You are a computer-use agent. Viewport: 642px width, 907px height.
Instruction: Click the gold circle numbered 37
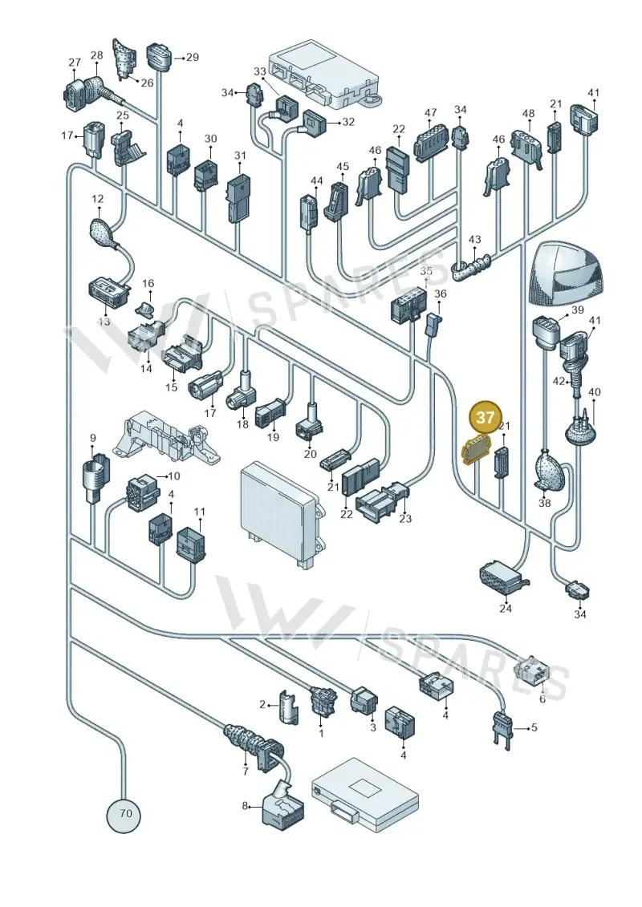(x=486, y=417)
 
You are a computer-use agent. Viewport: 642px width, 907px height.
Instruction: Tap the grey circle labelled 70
(x=124, y=812)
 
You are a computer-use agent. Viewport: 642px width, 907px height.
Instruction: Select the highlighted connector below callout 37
(x=475, y=451)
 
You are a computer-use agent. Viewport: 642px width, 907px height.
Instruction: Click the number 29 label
(x=192, y=57)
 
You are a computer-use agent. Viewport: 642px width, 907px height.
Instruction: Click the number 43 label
(x=475, y=239)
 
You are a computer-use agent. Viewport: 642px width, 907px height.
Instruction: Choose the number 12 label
(x=98, y=200)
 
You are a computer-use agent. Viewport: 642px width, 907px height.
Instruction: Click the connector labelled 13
(x=108, y=292)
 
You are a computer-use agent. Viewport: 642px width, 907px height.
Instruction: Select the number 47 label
(x=430, y=113)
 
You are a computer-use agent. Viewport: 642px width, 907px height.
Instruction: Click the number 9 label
(x=92, y=439)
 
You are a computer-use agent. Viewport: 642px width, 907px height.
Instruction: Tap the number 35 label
(x=426, y=271)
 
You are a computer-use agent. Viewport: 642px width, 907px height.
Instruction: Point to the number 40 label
(x=595, y=391)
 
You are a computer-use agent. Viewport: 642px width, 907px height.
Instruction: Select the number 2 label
(x=263, y=705)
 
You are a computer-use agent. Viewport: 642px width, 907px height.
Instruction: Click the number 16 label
(x=148, y=283)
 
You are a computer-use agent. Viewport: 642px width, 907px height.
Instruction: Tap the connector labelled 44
(x=307, y=213)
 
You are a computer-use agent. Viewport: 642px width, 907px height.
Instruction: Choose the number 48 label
(x=528, y=114)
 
